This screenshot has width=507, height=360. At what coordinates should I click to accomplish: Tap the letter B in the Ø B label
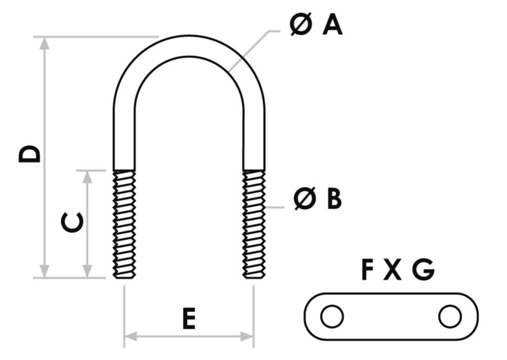coord(334,199)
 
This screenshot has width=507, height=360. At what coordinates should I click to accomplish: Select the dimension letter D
coord(30,153)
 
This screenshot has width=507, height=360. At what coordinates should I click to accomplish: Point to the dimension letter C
coord(72,222)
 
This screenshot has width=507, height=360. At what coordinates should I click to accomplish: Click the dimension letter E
coord(188,319)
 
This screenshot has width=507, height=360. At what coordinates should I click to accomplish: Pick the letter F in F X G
coord(368,271)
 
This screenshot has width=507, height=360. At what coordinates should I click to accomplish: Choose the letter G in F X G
coord(423,271)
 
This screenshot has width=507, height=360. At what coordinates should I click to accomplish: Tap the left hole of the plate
coord(331,316)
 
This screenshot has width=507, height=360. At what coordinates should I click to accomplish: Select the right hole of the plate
coord(449,316)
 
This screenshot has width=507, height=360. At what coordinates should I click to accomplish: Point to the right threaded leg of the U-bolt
coord(254,223)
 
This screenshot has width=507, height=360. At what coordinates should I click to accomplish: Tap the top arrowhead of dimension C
coord(88,175)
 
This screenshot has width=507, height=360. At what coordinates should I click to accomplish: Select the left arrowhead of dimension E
coord(129,335)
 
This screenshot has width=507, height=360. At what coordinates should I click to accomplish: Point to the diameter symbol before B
coord(305,199)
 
